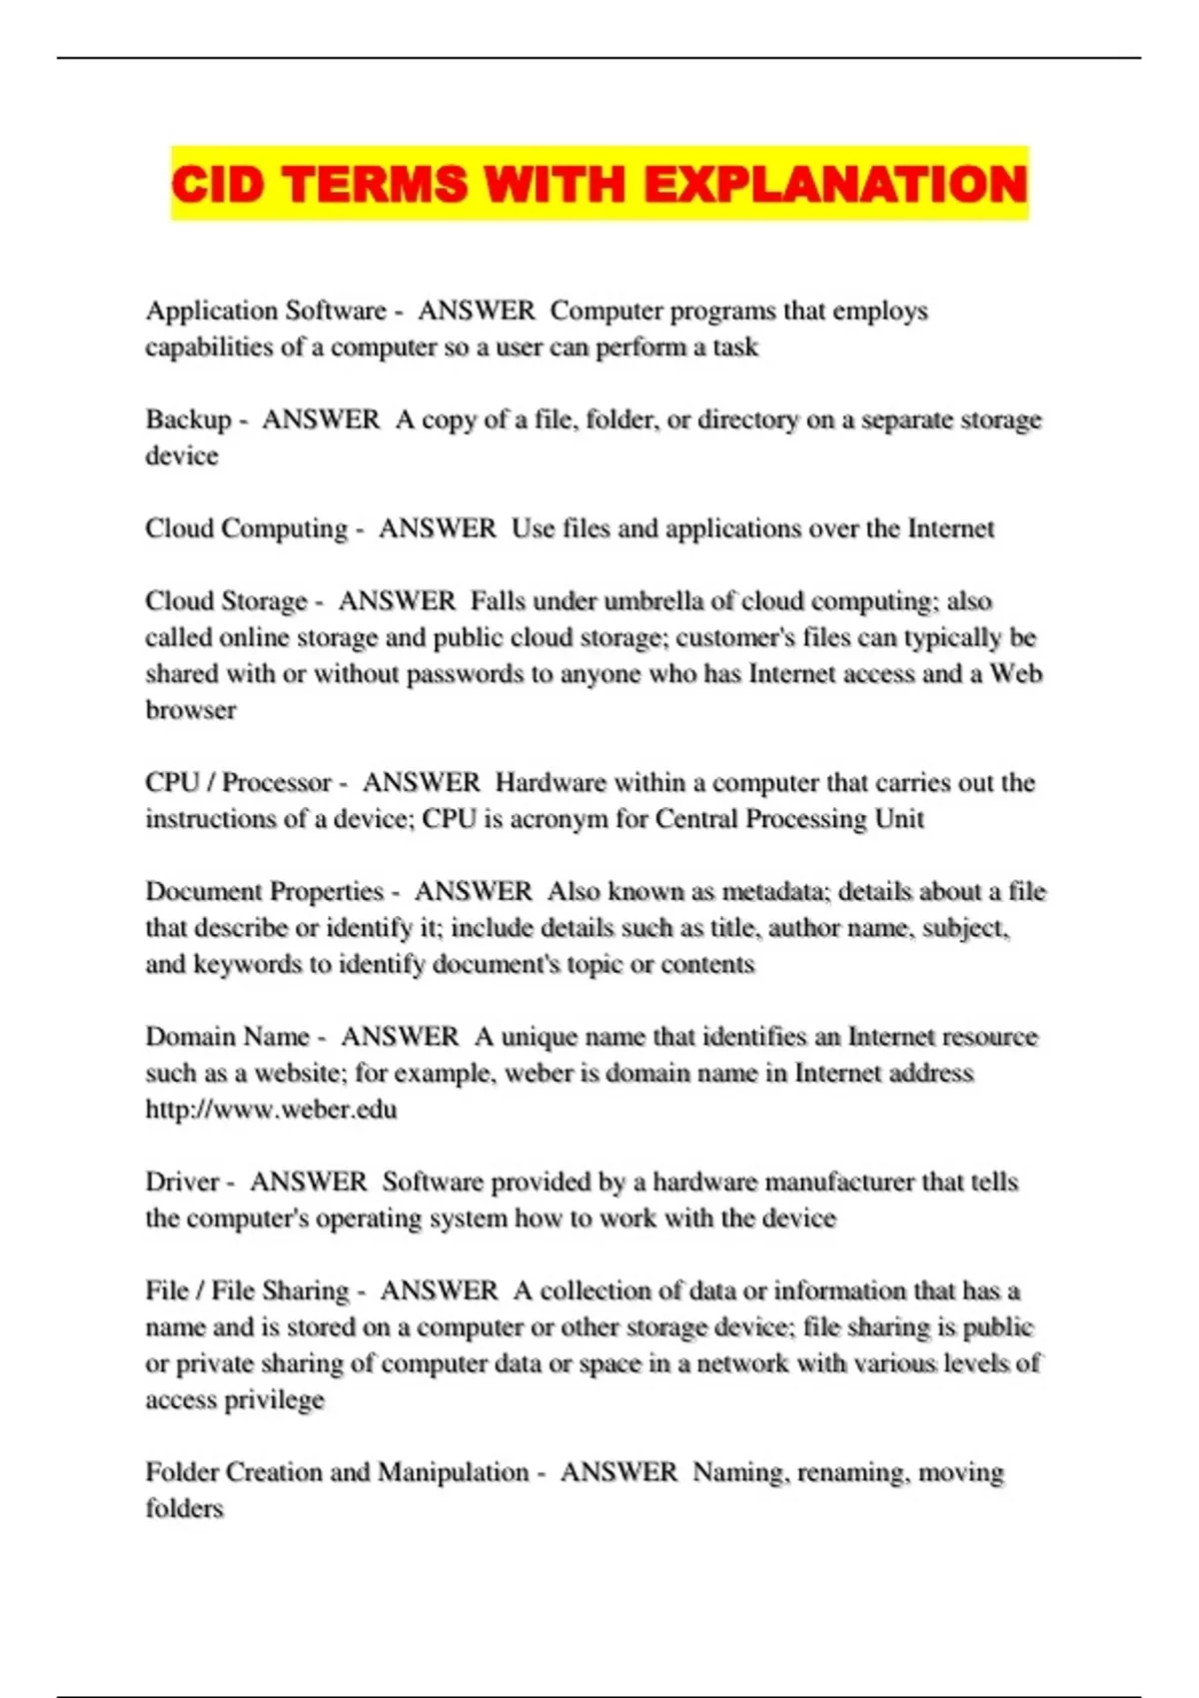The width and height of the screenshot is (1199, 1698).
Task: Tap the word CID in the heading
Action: point(217,185)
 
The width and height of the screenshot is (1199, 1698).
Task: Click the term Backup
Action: point(188,420)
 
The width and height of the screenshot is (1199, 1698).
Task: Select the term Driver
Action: point(182,1182)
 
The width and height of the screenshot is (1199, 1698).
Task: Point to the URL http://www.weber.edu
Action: point(271,1110)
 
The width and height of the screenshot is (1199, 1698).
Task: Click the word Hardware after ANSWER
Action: point(551,782)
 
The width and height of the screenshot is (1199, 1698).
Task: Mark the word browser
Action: point(191,710)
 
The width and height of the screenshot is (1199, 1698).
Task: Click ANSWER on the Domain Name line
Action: point(400,1037)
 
